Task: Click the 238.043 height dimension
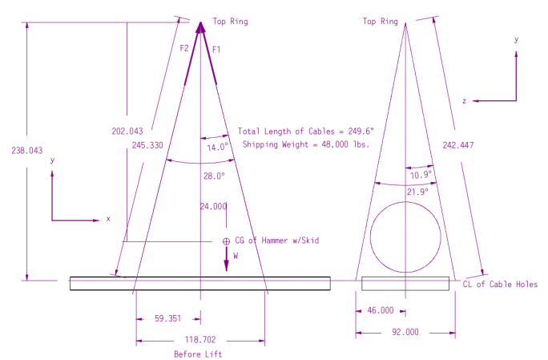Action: (27, 151)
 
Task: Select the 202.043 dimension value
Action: (127, 131)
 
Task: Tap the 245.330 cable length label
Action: (147, 145)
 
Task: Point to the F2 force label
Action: (184, 48)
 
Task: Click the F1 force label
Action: (216, 50)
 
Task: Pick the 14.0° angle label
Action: (217, 148)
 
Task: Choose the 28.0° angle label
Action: (214, 176)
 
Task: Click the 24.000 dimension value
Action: (213, 206)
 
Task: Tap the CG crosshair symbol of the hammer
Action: (226, 241)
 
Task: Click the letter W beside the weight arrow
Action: (236, 256)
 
